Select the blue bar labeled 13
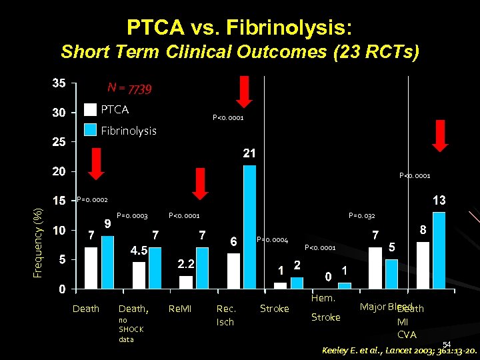439,251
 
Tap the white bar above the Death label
91,268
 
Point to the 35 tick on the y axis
59,83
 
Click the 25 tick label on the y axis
59,142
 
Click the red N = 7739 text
130,89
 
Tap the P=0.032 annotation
362,215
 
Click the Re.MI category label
180,309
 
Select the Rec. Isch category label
226,315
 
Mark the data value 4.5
138,250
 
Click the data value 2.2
186,264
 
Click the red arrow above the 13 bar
439,136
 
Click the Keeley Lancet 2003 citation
399,350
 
